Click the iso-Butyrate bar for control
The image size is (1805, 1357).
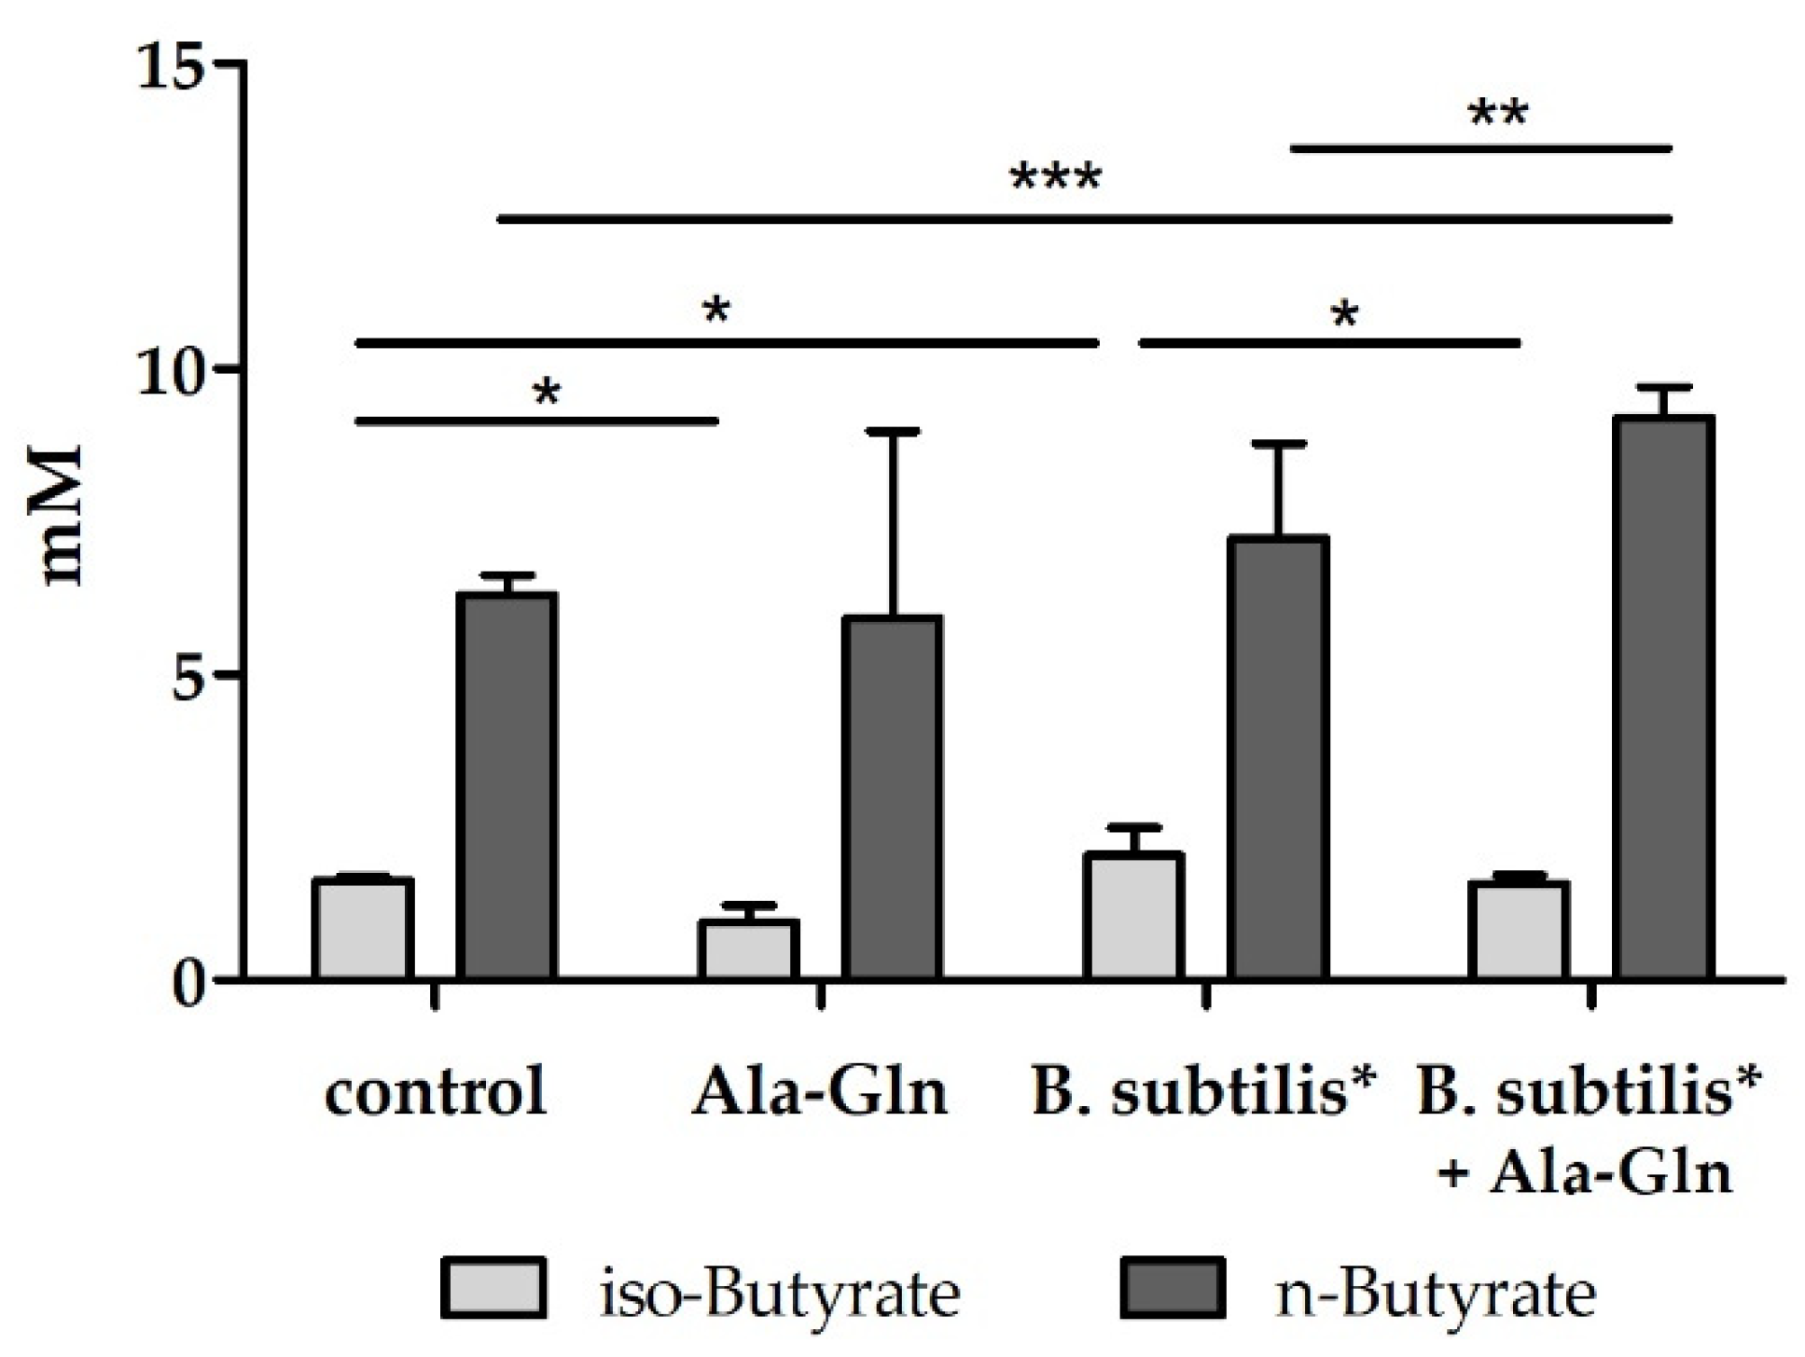click(363, 929)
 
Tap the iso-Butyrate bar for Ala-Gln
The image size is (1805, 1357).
click(748, 949)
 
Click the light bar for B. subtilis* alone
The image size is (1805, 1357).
click(1133, 916)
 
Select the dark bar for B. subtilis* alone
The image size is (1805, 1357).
click(1277, 757)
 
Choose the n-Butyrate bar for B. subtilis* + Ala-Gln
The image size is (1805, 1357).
click(1663, 698)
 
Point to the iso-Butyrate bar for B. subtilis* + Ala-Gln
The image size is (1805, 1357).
click(1519, 930)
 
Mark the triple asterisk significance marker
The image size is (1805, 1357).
click(1055, 177)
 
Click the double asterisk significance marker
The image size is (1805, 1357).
click(1497, 114)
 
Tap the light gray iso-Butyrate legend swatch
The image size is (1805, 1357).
click(493, 1289)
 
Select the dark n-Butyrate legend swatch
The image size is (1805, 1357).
click(1173, 1289)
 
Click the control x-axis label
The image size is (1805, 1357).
click(435, 1090)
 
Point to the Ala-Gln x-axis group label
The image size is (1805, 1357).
click(819, 1090)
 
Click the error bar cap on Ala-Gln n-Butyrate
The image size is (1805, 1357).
click(892, 432)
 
